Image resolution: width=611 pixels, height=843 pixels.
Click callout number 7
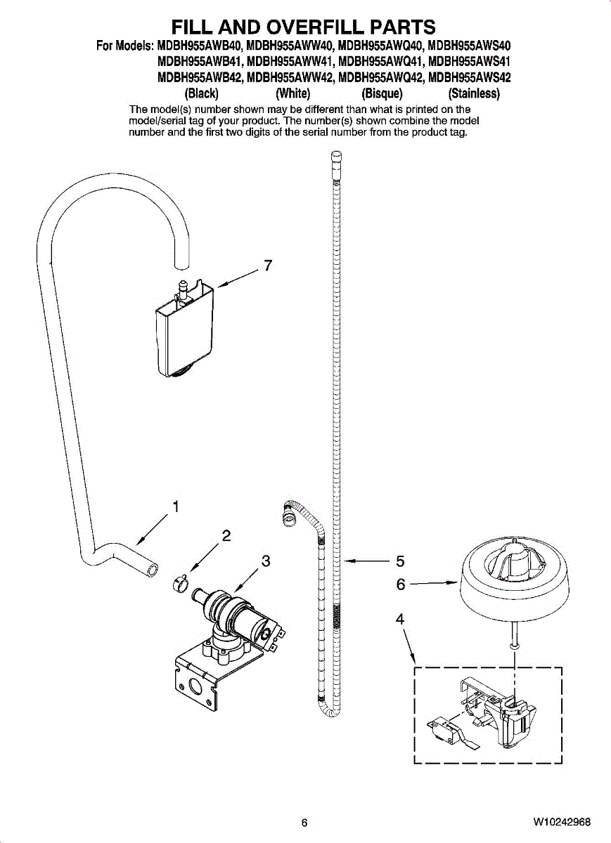point(267,266)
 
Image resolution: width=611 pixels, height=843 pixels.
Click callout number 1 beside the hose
point(176,506)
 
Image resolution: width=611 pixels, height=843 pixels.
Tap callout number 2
point(226,535)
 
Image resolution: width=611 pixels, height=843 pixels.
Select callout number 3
point(266,561)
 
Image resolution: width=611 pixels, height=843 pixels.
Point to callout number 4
point(400,619)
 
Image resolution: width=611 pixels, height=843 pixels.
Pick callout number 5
point(400,561)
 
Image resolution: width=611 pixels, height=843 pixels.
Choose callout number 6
point(400,582)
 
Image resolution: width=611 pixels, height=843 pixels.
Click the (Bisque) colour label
point(381,93)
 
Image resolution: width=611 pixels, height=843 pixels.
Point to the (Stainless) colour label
point(469,93)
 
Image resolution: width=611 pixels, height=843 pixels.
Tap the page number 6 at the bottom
point(304,823)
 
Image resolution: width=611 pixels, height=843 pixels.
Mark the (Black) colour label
point(200,93)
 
